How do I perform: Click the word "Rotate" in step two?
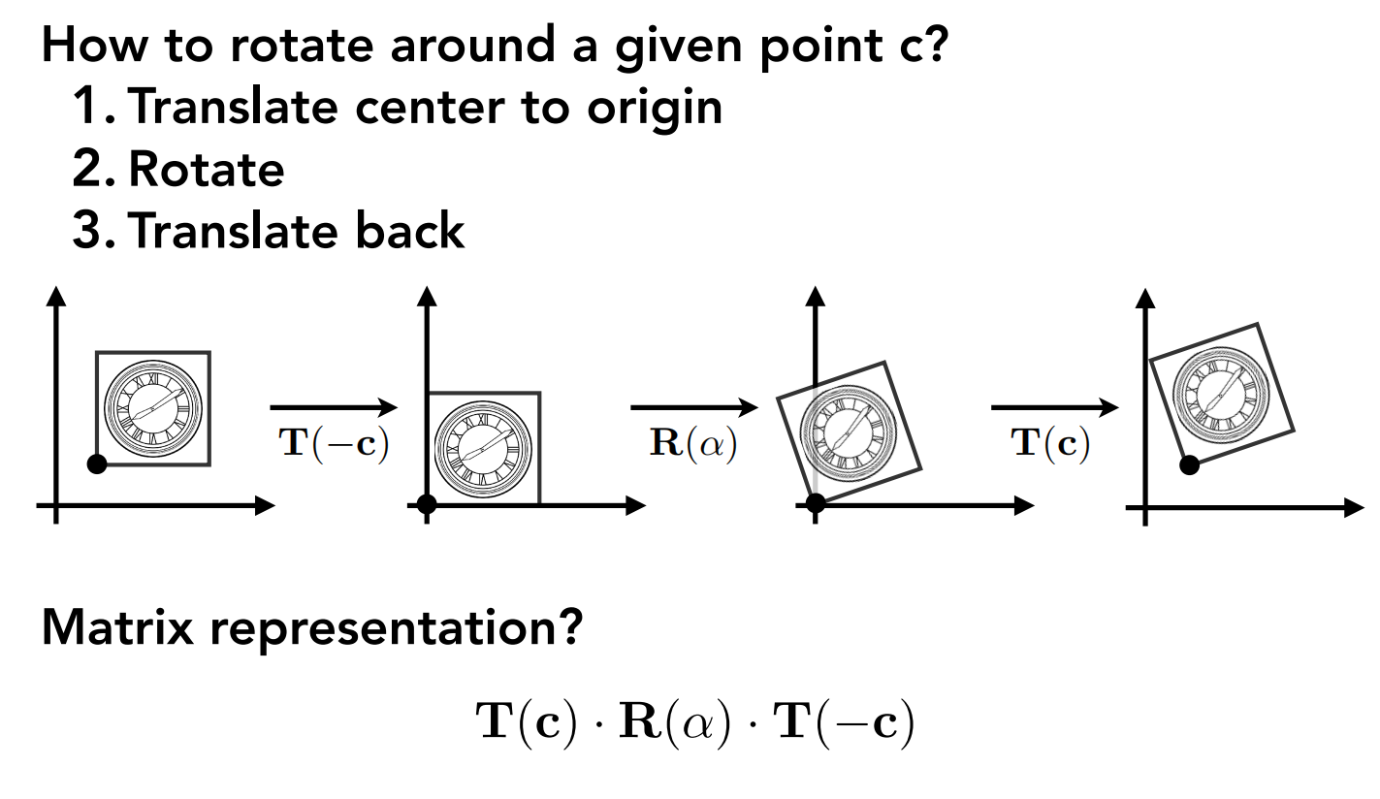(x=206, y=169)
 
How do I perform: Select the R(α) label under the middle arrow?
(x=693, y=443)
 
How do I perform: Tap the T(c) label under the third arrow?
(x=1050, y=443)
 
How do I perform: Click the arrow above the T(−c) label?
(x=334, y=408)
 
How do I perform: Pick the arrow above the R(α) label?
(x=693, y=408)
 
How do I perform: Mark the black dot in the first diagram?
(x=96, y=463)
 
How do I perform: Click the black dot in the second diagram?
(x=426, y=503)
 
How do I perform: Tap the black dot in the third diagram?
(x=816, y=502)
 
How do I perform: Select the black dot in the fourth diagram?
(x=1189, y=465)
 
